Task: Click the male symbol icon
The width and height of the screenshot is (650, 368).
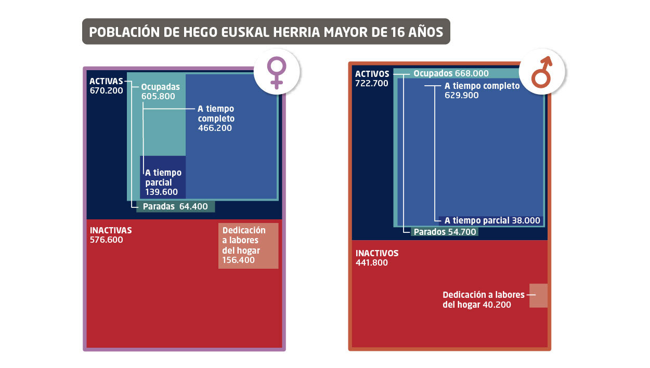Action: point(541,72)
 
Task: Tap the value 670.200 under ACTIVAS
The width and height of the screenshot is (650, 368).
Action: point(106,90)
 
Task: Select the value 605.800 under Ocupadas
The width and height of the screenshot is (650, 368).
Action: point(158,96)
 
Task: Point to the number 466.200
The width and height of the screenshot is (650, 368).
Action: point(215,128)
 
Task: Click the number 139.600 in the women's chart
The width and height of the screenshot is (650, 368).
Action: point(161,192)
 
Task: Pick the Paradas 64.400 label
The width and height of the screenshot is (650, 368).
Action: point(175,206)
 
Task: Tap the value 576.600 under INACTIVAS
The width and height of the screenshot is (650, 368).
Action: point(107,240)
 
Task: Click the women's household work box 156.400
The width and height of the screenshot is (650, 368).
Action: point(248,245)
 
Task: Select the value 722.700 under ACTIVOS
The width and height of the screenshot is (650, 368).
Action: point(371,83)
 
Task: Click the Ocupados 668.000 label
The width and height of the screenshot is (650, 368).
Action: point(451,74)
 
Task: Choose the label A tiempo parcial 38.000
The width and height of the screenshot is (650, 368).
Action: point(492,220)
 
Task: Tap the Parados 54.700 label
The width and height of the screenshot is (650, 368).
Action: point(445,232)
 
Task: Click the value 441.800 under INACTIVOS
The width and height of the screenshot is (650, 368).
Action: point(372,263)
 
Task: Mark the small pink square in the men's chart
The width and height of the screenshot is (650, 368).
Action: point(538,295)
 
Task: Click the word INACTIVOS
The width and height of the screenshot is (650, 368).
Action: point(377,253)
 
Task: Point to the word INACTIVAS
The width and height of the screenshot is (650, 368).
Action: point(111,230)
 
